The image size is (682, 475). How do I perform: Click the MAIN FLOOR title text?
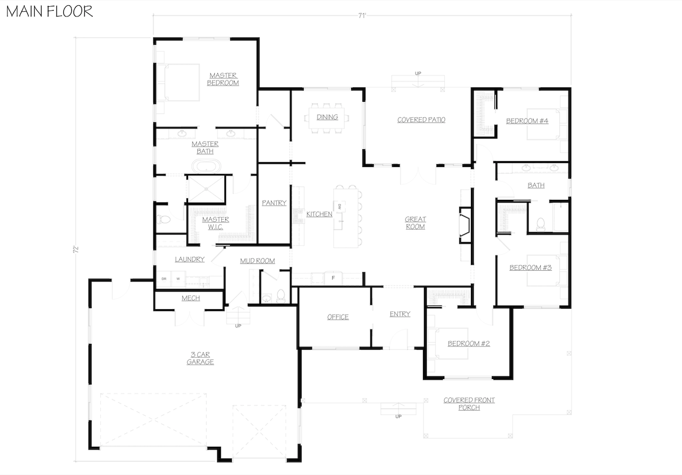(x=50, y=11)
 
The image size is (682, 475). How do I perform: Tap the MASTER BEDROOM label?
(x=223, y=79)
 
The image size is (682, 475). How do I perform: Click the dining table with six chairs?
(x=327, y=117)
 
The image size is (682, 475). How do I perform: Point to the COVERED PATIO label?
(x=421, y=120)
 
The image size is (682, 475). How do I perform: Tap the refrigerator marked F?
(x=333, y=278)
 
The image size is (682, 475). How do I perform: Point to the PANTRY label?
(x=274, y=203)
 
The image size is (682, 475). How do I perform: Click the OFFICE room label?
(x=338, y=317)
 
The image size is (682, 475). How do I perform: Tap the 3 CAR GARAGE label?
(x=200, y=358)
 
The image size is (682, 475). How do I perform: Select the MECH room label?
(x=191, y=299)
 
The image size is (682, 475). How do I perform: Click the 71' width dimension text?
(x=362, y=17)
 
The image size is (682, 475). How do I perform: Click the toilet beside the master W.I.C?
(x=163, y=219)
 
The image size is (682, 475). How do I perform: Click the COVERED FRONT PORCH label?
(x=469, y=404)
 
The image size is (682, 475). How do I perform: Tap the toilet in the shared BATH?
(x=540, y=223)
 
